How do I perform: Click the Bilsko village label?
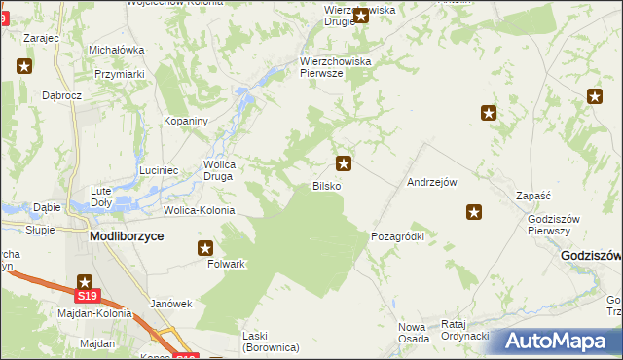[326, 186]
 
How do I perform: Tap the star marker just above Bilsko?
[343, 163]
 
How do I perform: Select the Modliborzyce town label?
[127, 236]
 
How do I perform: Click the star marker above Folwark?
[205, 248]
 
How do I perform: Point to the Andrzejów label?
[432, 182]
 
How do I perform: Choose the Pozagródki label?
[397, 236]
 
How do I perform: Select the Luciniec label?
[158, 170]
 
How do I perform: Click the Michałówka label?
[117, 50]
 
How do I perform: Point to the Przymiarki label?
[120, 73]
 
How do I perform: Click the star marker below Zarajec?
[25, 66]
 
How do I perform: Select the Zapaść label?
[534, 196]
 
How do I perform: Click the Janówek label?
[171, 304]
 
